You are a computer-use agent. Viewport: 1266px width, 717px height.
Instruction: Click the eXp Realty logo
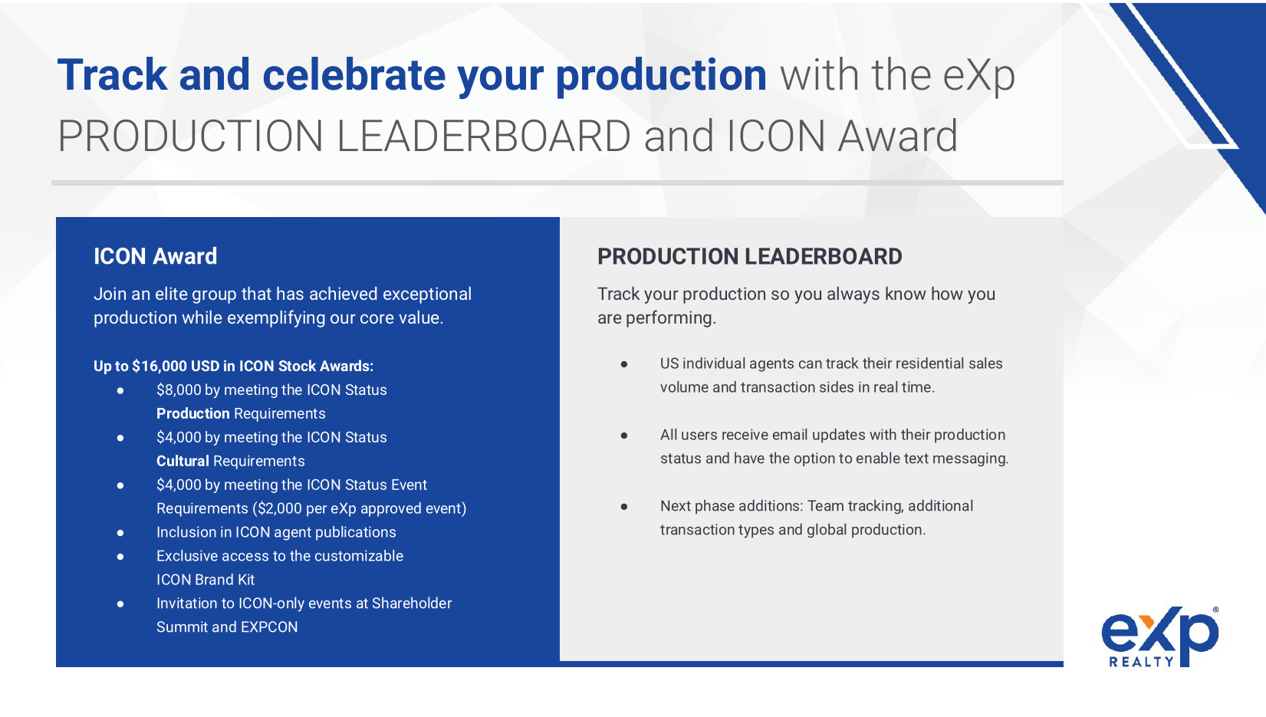[1159, 636]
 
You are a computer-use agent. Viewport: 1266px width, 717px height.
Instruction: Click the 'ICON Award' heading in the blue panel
[156, 257]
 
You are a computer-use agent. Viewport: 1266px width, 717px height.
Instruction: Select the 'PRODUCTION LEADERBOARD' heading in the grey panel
[749, 257]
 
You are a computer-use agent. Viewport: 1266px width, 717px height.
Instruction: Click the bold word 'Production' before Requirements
[193, 413]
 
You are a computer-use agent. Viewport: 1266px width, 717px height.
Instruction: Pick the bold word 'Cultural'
[183, 461]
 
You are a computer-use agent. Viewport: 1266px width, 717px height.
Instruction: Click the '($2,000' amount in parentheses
[278, 508]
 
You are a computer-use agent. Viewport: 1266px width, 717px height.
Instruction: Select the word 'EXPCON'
[269, 627]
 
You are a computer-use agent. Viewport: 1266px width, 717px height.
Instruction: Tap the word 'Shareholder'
[412, 604]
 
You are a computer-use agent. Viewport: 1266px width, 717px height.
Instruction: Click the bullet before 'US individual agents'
[624, 363]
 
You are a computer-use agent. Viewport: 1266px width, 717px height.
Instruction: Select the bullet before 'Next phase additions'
[624, 506]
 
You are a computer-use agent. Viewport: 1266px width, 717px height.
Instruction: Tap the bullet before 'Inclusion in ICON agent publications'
[120, 533]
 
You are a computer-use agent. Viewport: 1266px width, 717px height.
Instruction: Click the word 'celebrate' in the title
[353, 75]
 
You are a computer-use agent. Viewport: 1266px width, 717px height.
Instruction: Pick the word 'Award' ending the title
[898, 136]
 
